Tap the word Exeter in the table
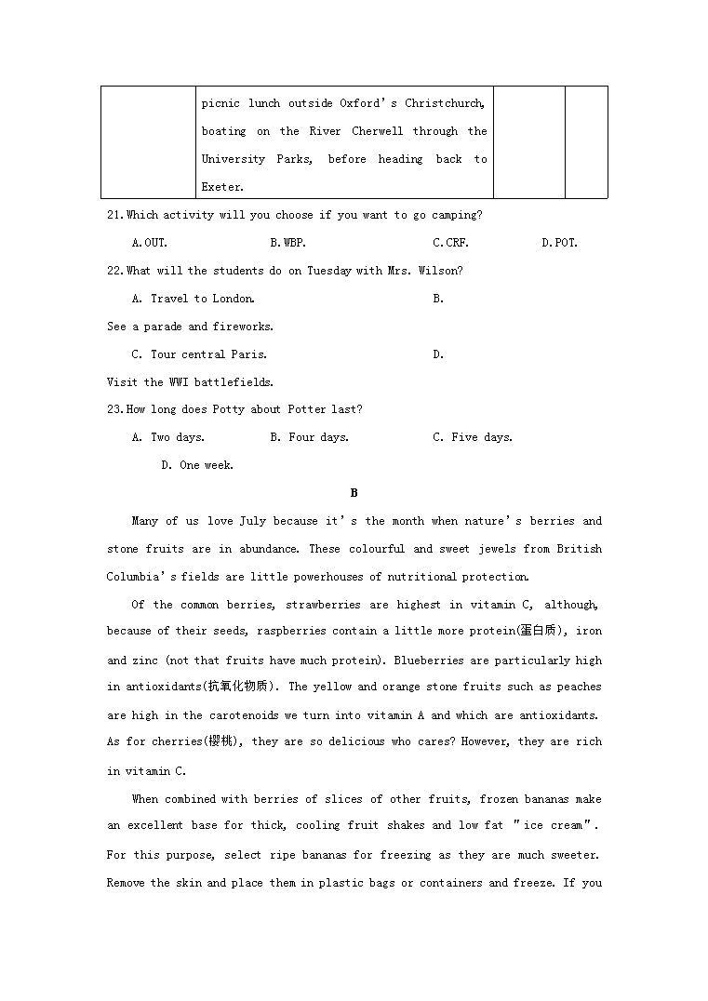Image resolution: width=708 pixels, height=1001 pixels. (x=221, y=187)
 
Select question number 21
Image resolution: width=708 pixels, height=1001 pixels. (x=115, y=215)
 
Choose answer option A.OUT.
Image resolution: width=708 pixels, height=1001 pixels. (x=149, y=243)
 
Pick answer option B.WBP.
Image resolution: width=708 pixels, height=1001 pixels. (x=287, y=243)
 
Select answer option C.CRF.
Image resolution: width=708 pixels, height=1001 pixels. (x=450, y=243)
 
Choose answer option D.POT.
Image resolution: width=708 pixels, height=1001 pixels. (x=559, y=243)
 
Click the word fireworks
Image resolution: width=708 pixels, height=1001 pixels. (x=243, y=327)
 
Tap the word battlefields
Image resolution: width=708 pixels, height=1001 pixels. (x=234, y=382)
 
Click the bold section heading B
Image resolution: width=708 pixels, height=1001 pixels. (x=354, y=493)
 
